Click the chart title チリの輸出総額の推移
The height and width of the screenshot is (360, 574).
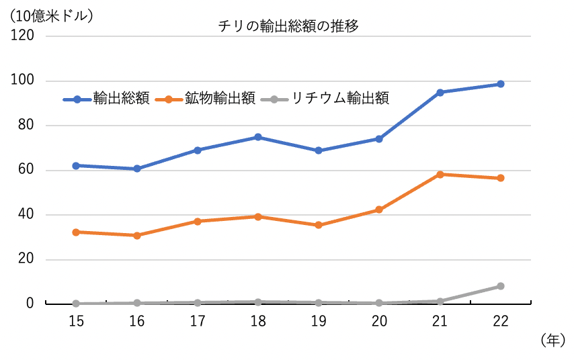(x=288, y=27)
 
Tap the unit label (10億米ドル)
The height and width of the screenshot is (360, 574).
(x=48, y=15)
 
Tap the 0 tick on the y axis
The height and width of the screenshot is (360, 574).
(x=30, y=304)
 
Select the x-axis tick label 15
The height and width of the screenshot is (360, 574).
(x=76, y=322)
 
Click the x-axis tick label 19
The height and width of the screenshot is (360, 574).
(x=319, y=322)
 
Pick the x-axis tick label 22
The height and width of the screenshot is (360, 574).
(x=500, y=322)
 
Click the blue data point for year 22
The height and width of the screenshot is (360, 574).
(x=500, y=84)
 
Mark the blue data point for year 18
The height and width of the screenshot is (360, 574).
(x=258, y=137)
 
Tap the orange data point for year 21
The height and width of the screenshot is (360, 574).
(x=440, y=174)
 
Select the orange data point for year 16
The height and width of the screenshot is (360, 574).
(x=136, y=236)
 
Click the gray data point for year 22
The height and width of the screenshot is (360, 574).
(x=500, y=286)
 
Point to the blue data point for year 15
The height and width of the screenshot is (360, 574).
(x=76, y=165)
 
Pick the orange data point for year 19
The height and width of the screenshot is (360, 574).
(x=319, y=225)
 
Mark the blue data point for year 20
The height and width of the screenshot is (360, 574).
(x=379, y=139)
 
